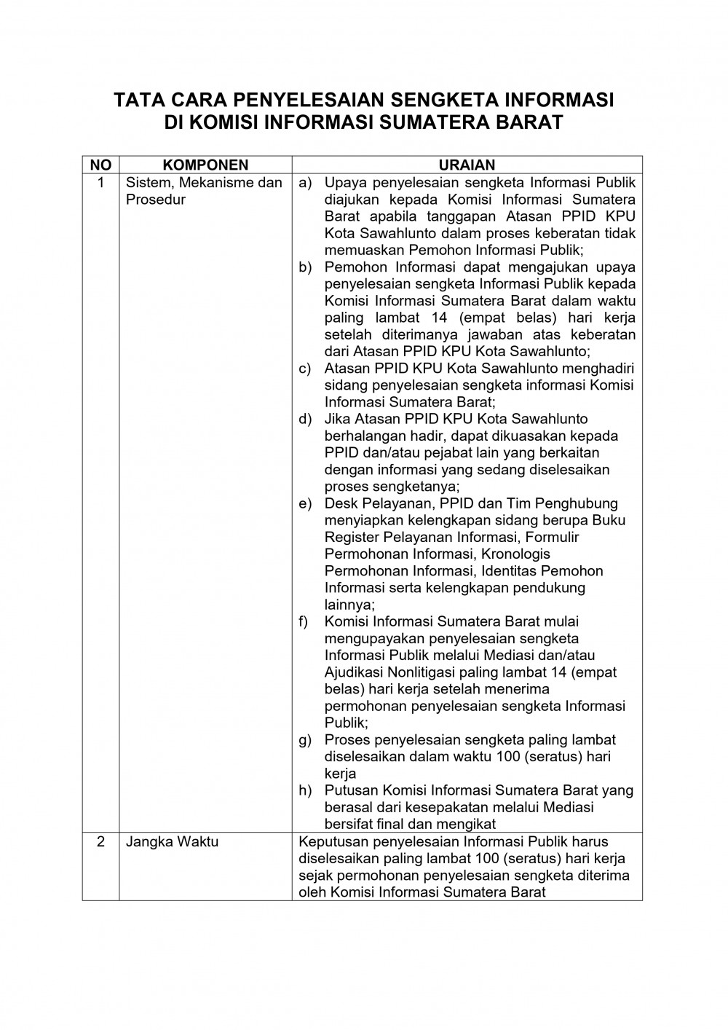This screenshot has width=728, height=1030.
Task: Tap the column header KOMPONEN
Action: [x=205, y=165]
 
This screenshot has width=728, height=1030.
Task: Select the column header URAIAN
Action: [x=467, y=165]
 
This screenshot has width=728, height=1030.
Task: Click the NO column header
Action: [x=100, y=165]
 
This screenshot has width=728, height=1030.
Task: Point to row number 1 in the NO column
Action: [x=100, y=183]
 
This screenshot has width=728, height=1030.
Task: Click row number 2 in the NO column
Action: [x=100, y=842]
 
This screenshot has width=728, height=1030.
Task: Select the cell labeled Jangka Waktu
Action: [x=173, y=842]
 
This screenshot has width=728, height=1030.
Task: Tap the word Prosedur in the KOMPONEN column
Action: [x=156, y=200]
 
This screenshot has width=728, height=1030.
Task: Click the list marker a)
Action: [x=305, y=183]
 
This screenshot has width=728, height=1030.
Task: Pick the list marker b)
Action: [x=305, y=267]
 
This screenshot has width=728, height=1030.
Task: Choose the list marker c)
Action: [x=305, y=369]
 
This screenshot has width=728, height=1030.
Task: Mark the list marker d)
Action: [x=305, y=419]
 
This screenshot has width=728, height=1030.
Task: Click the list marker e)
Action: [x=305, y=503]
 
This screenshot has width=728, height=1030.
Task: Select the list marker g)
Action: [x=305, y=740]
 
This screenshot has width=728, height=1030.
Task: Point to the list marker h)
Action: [x=305, y=790]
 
